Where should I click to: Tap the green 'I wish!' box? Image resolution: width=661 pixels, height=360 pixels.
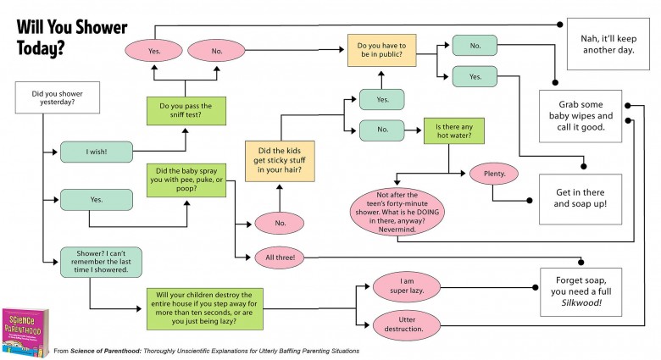(x=96, y=152)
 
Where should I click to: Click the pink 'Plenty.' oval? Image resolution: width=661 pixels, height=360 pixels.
(x=493, y=174)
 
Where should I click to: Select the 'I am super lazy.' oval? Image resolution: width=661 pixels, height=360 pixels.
(x=406, y=286)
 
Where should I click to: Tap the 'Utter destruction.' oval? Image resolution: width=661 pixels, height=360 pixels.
(x=406, y=324)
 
